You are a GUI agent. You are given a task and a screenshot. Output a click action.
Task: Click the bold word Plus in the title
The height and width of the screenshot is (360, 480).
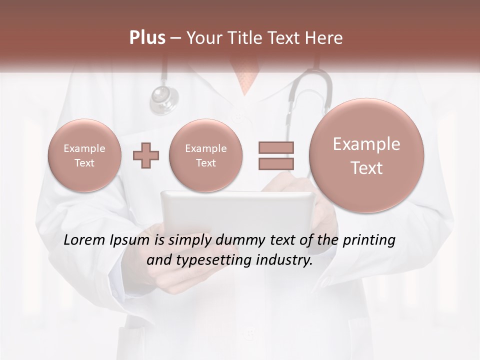pyautogui.click(x=147, y=38)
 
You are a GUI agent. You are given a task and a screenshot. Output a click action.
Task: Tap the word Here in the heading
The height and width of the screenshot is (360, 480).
pyautogui.click(x=324, y=38)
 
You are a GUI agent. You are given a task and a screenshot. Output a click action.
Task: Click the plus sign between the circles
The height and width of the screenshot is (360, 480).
pyautogui.click(x=146, y=156)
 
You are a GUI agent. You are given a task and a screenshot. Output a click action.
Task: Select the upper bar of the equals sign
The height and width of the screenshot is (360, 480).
pyautogui.click(x=276, y=148)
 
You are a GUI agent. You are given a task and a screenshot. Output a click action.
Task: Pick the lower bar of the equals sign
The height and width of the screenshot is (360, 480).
pyautogui.click(x=276, y=164)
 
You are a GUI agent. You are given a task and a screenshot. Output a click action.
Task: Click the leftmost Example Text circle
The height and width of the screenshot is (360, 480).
pyautogui.click(x=84, y=155)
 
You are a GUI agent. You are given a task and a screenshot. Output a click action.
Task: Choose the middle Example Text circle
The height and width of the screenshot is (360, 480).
pyautogui.click(x=206, y=155)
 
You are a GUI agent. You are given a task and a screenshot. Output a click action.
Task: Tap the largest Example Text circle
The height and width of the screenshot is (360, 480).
pyautogui.click(x=366, y=155)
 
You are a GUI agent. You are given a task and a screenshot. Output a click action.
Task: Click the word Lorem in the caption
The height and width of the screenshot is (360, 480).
pyautogui.click(x=84, y=240)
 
